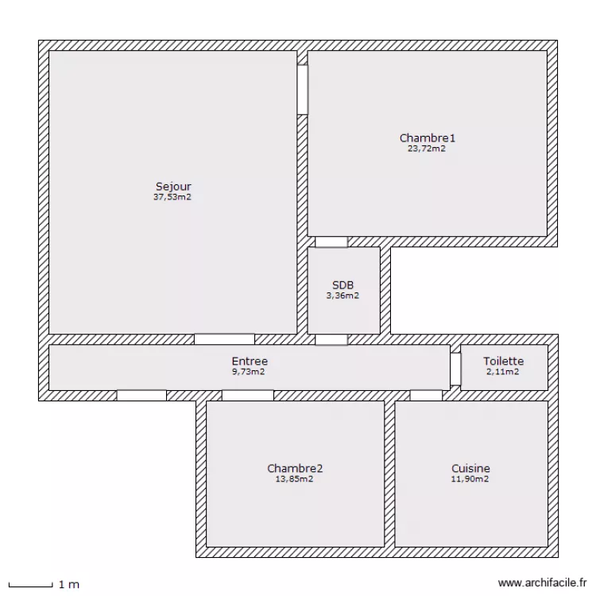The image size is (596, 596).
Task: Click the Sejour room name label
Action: pos(173,187)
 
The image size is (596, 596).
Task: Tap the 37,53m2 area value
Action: pos(172,197)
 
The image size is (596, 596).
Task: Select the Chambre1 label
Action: pos(428,138)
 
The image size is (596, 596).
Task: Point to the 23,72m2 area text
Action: pos(427,149)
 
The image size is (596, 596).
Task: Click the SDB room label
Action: pos(343,285)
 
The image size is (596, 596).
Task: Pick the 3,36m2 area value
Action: pos(343,296)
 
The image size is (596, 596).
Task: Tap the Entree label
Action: pos(250,361)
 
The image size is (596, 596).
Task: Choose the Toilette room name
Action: pos(504,361)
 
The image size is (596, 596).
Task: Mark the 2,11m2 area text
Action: pos(502,372)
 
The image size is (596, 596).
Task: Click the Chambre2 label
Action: pos(295,468)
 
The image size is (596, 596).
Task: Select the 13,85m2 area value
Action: pos(294,479)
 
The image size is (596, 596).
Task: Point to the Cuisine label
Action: pos(470,468)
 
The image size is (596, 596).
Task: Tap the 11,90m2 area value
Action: pos(470,479)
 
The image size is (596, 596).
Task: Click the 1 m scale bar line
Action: pos(30,586)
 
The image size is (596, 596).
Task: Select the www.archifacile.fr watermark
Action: pos(542,582)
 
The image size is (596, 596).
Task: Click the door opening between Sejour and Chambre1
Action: pos(303,90)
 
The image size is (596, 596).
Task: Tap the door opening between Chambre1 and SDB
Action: pos(331,242)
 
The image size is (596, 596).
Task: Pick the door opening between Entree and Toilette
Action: pos(455,369)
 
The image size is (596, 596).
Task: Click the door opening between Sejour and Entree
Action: pos(224,339)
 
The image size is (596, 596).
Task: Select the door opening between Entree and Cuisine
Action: pos(426,395)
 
